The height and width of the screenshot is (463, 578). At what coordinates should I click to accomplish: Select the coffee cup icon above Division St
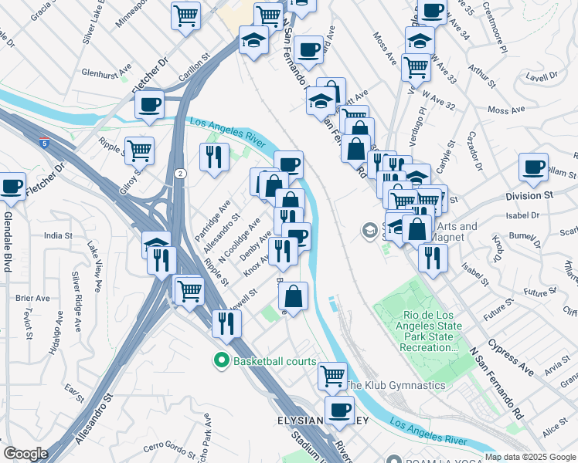(x=533, y=165)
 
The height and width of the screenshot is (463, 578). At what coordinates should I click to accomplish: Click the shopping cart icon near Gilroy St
(x=140, y=150)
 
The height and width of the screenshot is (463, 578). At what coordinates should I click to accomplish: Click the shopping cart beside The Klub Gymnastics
(x=332, y=376)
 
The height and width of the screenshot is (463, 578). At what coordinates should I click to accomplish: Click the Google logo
(x=25, y=454)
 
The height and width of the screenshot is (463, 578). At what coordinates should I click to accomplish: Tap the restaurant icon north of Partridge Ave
(x=212, y=156)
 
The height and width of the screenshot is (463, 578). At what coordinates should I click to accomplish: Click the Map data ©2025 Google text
(x=530, y=457)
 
